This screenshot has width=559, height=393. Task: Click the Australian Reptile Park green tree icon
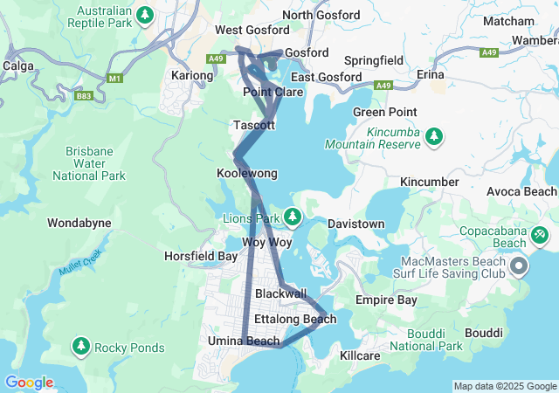146,15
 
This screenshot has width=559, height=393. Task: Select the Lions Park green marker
293,217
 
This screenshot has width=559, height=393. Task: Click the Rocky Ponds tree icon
81,348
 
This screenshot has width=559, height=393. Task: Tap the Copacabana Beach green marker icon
540,235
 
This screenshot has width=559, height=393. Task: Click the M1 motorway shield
114,79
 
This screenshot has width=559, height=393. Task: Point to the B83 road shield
84,96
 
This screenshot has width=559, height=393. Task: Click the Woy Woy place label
266,242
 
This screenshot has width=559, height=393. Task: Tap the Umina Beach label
244,341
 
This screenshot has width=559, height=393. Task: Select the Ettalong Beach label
294,319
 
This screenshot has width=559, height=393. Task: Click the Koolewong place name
246,174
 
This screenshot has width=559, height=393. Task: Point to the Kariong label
192,76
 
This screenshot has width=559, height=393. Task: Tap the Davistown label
355,224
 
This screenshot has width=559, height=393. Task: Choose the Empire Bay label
386,300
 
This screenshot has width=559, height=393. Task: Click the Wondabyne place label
79,223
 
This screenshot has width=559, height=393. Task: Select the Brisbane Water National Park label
88,163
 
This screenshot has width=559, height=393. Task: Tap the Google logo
29,383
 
